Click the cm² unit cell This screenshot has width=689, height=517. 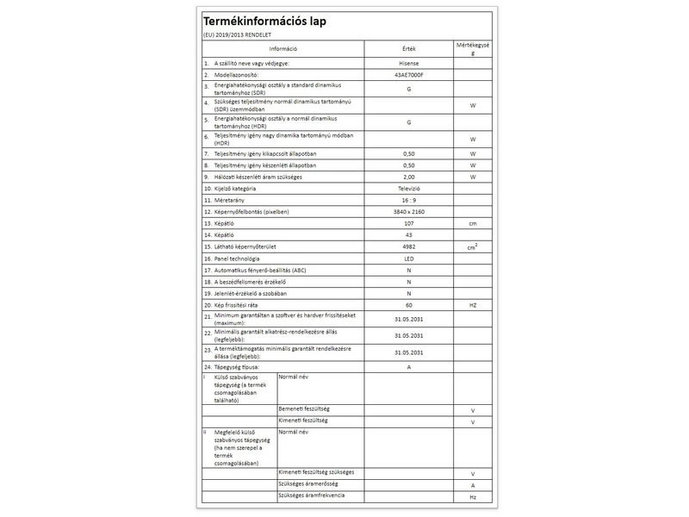(473, 246)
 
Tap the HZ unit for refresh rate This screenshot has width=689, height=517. (473, 305)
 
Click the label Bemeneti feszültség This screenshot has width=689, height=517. (306, 408)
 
